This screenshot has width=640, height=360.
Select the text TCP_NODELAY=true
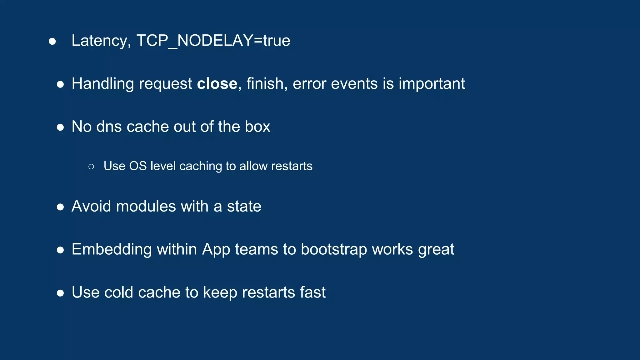coord(213,41)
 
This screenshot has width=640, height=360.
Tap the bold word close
coord(217,84)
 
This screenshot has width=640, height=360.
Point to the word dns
coord(109,127)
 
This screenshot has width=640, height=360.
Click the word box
coord(257,127)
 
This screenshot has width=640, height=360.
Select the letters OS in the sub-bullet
coord(138,166)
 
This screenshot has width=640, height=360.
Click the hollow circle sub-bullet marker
coord(91,167)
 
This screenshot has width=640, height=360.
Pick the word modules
coord(146,207)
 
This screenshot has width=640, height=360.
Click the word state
coord(244,207)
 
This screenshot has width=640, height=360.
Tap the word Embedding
coord(112,249)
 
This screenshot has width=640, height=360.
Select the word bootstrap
coord(334,249)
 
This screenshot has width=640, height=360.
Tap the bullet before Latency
coord(52,42)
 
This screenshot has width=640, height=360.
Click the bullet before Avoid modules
coord(60,207)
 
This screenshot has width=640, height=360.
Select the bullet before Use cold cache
coord(60,293)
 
